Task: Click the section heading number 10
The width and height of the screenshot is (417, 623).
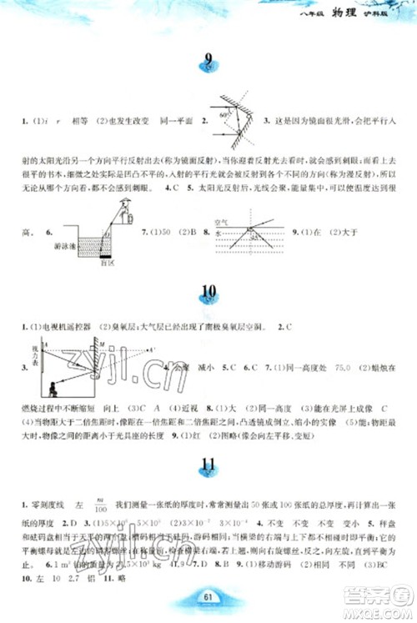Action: click(208, 292)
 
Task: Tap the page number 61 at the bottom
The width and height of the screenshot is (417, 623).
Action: click(208, 594)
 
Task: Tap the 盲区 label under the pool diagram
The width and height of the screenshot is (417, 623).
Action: click(105, 259)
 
